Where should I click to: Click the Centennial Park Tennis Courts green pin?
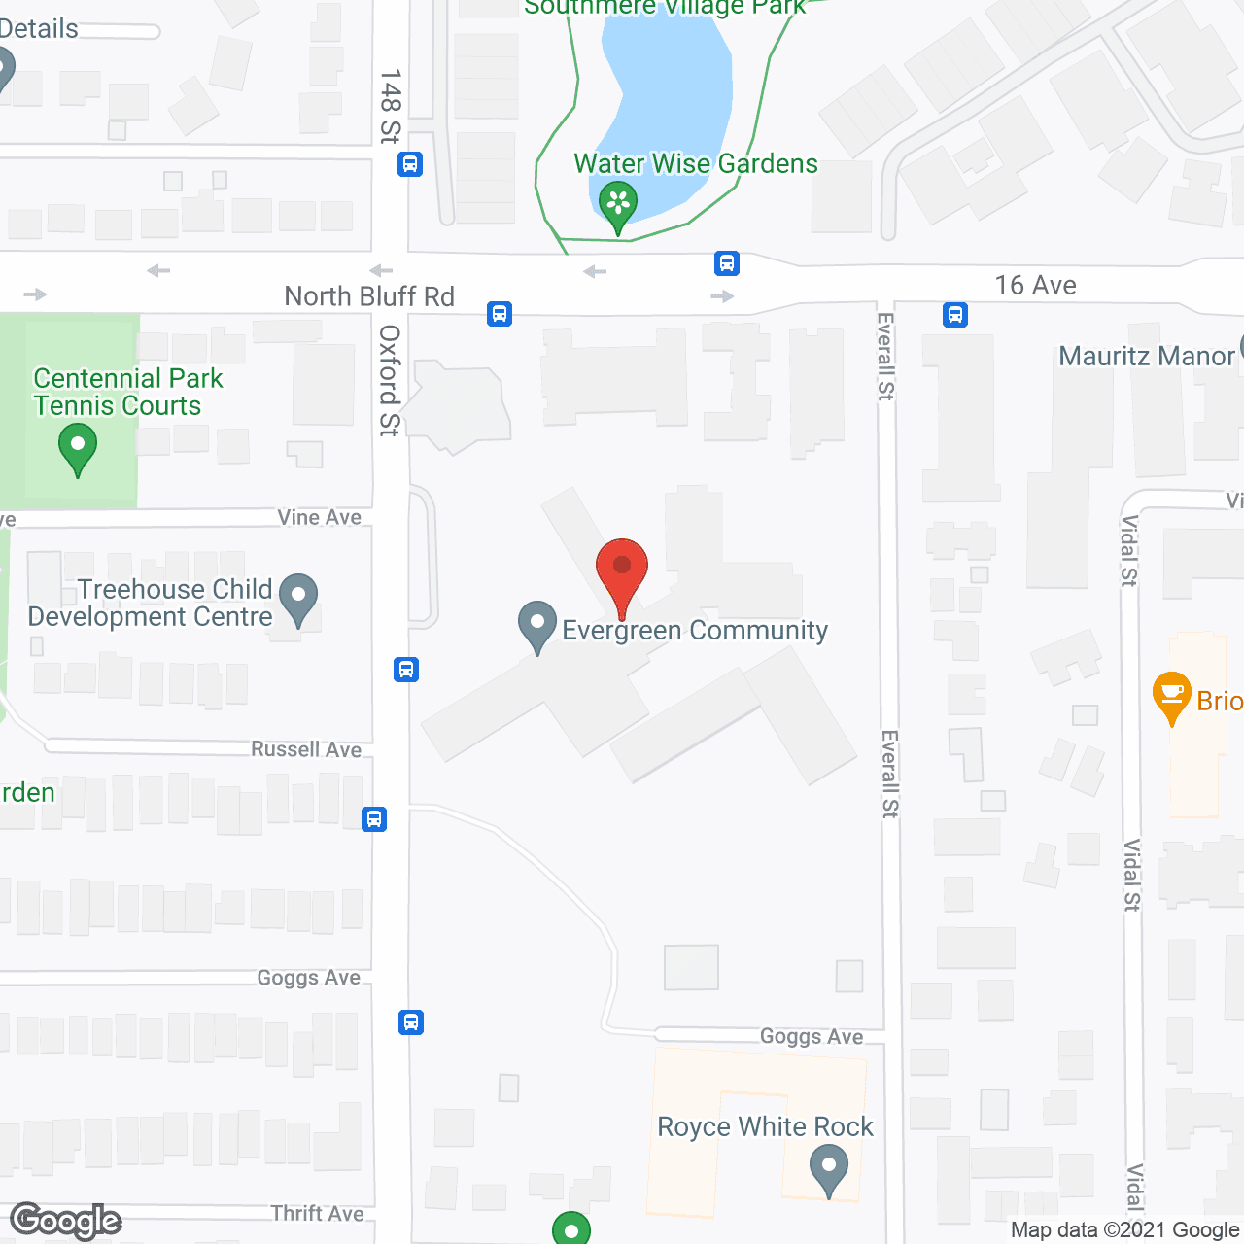point(78,451)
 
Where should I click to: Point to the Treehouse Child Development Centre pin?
point(298,599)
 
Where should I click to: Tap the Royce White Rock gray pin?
point(829,1169)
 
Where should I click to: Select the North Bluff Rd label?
point(369,296)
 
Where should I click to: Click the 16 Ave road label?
point(1035,286)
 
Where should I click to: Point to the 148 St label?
point(390,106)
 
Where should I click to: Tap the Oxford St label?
point(389,381)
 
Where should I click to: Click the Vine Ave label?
point(319,518)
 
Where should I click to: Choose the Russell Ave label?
point(306,749)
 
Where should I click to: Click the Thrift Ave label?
point(317,1213)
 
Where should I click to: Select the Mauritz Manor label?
point(1146,357)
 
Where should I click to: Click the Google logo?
point(66,1221)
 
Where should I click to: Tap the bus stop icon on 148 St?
point(410,164)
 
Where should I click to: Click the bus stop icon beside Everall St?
point(955,315)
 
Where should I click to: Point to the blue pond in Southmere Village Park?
point(671,97)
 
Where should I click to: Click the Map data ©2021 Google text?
point(1125,1230)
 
